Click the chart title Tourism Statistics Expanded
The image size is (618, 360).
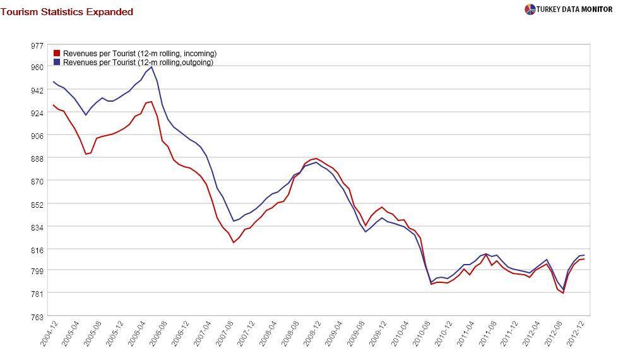click(67, 12)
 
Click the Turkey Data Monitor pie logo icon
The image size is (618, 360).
click(530, 9)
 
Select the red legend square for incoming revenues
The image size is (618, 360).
click(57, 54)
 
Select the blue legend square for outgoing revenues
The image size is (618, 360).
click(57, 63)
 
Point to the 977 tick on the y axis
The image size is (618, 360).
click(37, 45)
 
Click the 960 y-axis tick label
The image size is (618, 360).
click(37, 68)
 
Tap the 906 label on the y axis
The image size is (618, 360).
click(37, 136)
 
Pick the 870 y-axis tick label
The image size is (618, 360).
click(37, 181)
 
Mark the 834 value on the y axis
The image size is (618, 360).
click(37, 227)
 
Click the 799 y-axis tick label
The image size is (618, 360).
click(37, 270)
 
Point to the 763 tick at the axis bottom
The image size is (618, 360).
click(37, 316)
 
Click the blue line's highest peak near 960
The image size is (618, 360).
click(152, 67)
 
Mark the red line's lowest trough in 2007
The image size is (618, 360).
click(233, 243)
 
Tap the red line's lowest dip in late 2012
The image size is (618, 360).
click(562, 293)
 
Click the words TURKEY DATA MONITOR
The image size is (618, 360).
click(575, 9)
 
